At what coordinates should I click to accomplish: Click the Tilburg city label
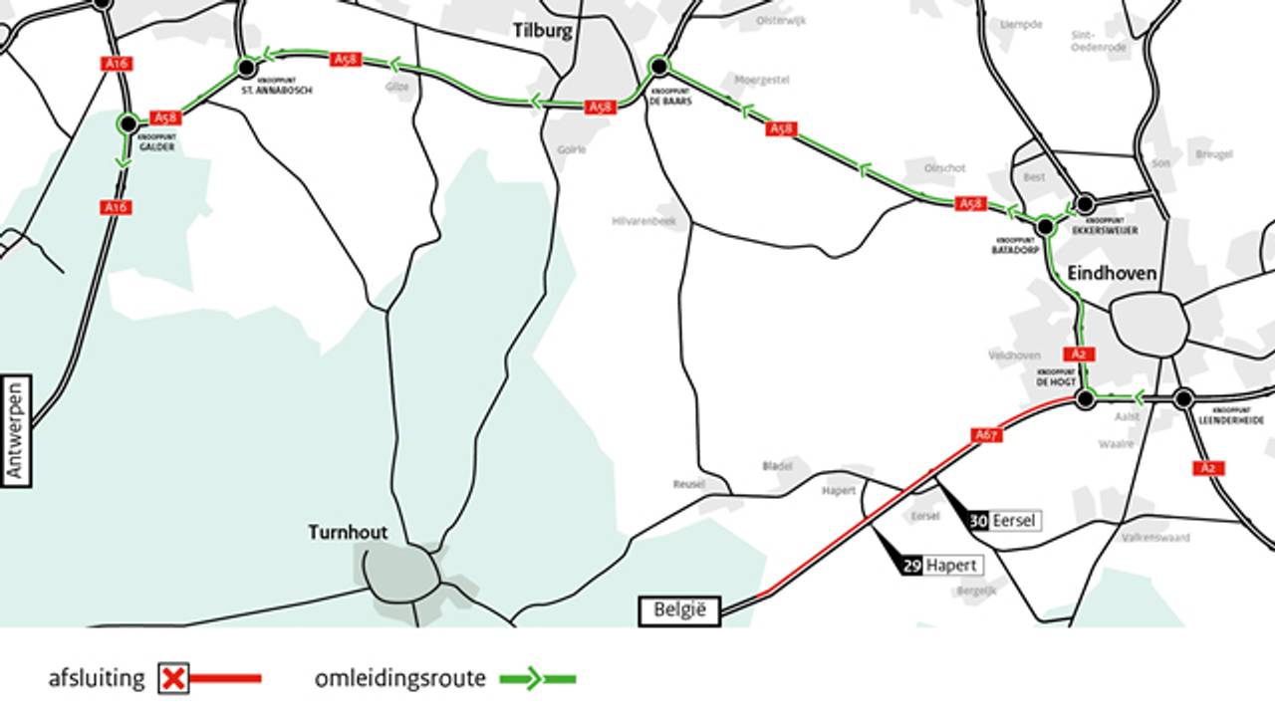point(543,30)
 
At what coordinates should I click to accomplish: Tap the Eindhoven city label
point(1112,273)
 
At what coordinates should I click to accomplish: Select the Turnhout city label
point(348,533)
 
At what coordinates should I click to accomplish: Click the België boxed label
point(679,610)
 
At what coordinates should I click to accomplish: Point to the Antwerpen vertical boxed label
point(16,431)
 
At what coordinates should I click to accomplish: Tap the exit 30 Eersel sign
point(1004,520)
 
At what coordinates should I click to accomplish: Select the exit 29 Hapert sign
point(941,566)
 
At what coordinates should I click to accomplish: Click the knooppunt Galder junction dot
point(127,123)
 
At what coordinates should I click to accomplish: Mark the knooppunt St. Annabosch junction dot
point(246,68)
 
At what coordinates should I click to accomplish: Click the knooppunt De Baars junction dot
point(658,67)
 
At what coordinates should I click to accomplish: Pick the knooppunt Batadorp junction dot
point(1045,227)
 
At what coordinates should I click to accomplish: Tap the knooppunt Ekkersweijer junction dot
point(1086,204)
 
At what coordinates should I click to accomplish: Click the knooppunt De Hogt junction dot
point(1086,399)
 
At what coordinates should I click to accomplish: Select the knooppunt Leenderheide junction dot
point(1183,399)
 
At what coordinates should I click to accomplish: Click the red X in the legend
point(174,679)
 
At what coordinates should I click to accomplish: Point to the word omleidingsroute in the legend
point(400,679)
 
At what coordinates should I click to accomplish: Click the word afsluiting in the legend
point(97,679)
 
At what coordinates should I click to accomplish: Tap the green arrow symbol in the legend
point(536,679)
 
